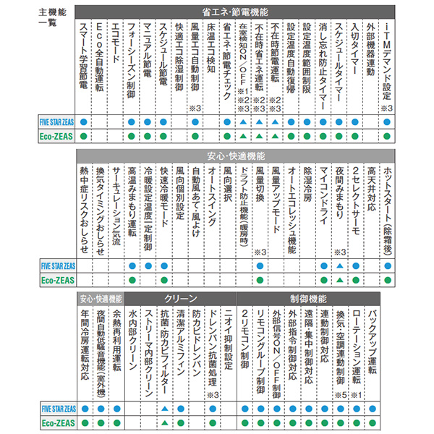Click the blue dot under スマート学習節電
(x=83, y=122)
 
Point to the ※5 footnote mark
(x=339, y=395)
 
